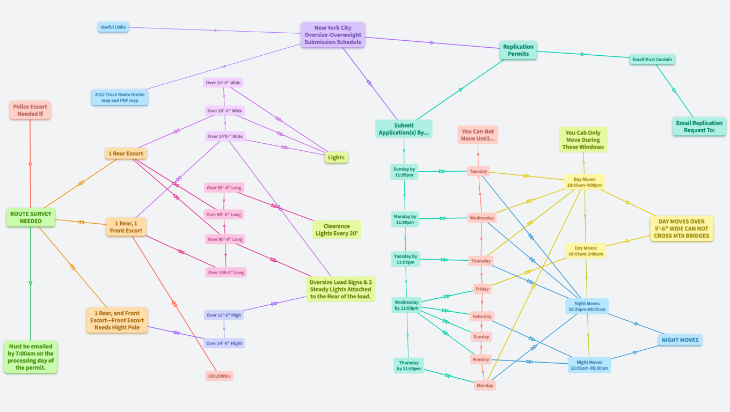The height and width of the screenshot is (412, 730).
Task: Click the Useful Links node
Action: [x=113, y=27]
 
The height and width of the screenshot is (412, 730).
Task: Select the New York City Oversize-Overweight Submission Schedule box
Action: [x=333, y=35]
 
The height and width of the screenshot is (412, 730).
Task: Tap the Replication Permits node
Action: [x=518, y=50]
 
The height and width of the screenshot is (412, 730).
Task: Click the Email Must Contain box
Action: [x=652, y=60]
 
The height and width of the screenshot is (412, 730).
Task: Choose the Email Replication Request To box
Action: [x=699, y=127]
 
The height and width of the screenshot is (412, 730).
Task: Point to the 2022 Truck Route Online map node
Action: [x=119, y=97]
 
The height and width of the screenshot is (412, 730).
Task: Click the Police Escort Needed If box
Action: [x=30, y=110]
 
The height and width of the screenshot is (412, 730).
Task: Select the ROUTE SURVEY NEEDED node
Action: [x=31, y=217]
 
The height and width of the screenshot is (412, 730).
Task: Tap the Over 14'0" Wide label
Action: [x=225, y=136]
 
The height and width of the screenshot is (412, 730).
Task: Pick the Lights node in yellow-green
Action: [x=336, y=157]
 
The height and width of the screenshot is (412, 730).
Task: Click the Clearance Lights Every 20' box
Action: [x=337, y=230]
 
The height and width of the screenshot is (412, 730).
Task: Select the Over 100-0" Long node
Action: [x=226, y=273]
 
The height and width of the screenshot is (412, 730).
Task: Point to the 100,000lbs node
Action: [x=219, y=376]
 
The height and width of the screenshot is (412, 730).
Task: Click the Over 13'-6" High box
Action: [x=224, y=315]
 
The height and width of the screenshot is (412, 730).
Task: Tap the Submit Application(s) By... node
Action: [x=404, y=129]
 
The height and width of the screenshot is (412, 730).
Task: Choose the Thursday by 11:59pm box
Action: [x=408, y=366]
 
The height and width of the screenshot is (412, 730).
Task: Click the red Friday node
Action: [x=482, y=289]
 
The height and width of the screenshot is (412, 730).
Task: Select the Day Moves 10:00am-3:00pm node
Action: [x=586, y=251]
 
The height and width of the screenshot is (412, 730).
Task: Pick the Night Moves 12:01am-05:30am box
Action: [x=589, y=365]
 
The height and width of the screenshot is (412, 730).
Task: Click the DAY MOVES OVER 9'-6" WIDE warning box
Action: [x=681, y=229]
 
